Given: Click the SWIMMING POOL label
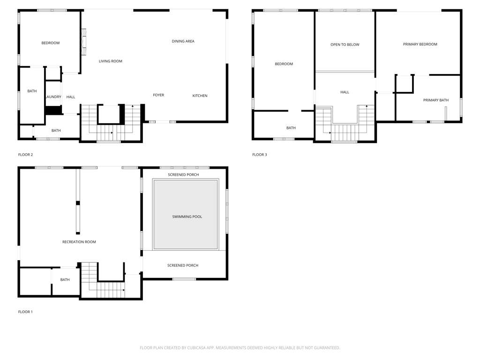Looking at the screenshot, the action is (187, 217).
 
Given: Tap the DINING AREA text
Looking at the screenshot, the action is (183, 41).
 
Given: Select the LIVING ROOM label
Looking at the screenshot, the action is (111, 61).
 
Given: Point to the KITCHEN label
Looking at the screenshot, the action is (200, 96).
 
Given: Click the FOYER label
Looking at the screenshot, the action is (158, 95).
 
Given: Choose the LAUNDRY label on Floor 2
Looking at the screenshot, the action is (53, 97).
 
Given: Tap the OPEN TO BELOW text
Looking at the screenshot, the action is (345, 45).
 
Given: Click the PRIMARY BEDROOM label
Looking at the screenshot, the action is (420, 45).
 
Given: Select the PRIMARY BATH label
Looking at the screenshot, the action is (436, 100).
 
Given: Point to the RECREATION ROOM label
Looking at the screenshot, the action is (79, 242).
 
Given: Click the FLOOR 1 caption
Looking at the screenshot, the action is (25, 312).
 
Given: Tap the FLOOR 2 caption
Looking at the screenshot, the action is (25, 155).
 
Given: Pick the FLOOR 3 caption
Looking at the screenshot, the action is (260, 155).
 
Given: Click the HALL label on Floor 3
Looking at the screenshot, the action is (345, 92).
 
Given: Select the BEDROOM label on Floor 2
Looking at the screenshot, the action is (51, 43).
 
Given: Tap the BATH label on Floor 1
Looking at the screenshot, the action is (65, 280).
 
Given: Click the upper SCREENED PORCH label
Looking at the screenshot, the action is (183, 175).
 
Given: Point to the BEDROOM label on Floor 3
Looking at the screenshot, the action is (284, 64).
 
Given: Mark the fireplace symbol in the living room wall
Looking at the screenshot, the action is (83, 42).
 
